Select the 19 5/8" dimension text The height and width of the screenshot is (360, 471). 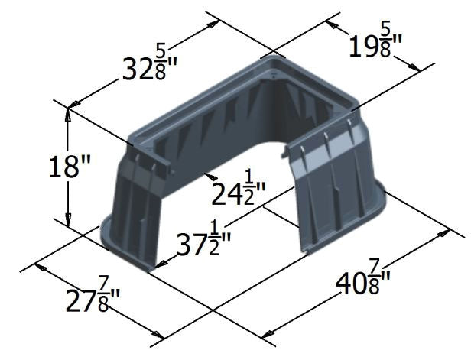click(380, 44)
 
